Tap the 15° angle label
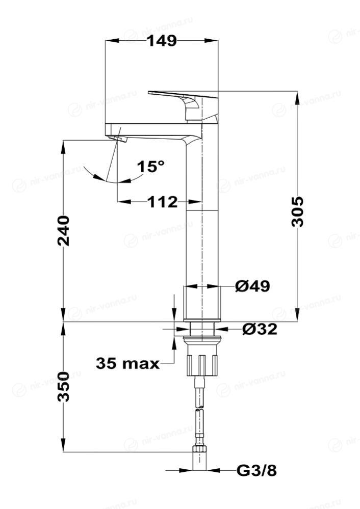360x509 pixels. (150, 167)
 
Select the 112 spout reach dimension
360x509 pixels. (163, 202)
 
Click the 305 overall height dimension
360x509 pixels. (297, 211)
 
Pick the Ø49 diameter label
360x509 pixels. (252, 286)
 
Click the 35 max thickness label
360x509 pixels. (127, 363)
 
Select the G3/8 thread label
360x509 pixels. (256, 470)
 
